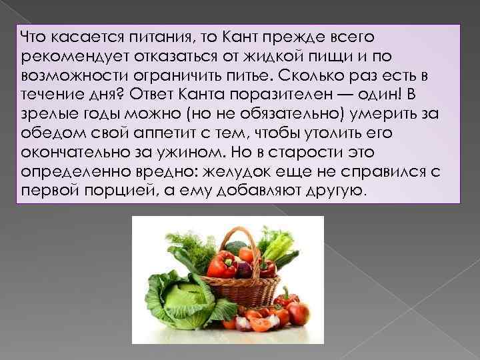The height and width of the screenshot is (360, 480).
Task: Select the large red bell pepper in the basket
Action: [x=219, y=264]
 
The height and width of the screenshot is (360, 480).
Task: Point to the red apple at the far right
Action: [x=297, y=312]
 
